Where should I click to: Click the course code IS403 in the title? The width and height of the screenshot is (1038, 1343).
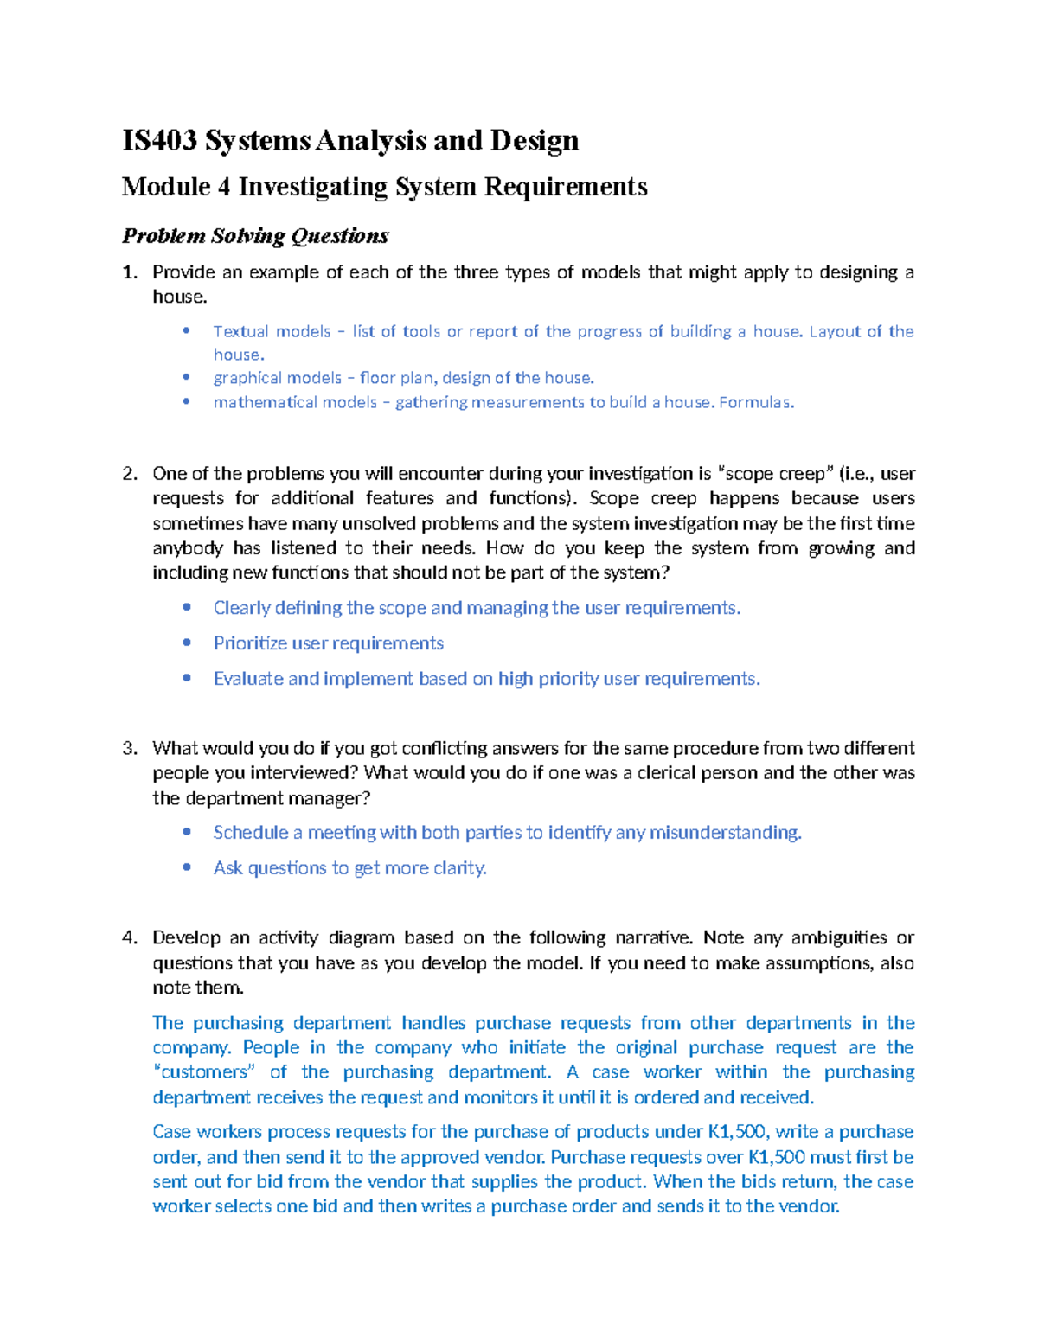pos(159,140)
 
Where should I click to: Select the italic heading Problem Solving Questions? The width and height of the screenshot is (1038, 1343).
pos(255,236)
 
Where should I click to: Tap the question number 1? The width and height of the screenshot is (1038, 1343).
pos(129,272)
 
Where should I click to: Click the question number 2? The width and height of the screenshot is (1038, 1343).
pos(129,474)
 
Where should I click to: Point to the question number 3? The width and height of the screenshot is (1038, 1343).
pos(129,748)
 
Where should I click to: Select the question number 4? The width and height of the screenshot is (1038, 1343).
pos(129,938)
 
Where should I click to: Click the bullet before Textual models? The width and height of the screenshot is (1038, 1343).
pos(186,331)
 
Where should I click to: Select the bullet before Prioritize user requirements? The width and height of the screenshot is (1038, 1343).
pos(186,643)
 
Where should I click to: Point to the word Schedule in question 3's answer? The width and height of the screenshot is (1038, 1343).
pos(251,833)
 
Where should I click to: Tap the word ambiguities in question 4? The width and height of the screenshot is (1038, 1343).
pos(838,938)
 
